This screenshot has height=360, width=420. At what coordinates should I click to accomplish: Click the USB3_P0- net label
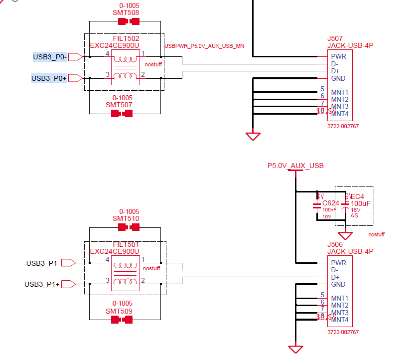(50, 57)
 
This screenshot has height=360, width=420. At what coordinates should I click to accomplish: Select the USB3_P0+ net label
(49, 78)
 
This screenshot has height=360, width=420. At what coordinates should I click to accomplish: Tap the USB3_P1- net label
(43, 263)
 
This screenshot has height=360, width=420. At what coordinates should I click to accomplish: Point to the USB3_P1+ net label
(42, 284)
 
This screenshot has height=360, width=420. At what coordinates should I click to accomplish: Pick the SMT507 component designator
(119, 105)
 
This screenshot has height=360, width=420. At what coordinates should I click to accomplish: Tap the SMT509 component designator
(119, 311)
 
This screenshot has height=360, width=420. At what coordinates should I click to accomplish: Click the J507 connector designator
(335, 38)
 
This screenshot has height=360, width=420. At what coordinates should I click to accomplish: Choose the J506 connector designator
(335, 244)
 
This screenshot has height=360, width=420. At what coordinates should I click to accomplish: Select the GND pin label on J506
(338, 284)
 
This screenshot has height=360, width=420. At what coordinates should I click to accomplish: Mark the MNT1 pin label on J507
(339, 92)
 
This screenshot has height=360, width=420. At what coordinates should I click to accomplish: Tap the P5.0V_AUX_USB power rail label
(295, 166)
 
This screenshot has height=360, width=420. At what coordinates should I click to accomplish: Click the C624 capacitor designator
(330, 203)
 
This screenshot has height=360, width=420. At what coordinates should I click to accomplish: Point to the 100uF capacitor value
(360, 203)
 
